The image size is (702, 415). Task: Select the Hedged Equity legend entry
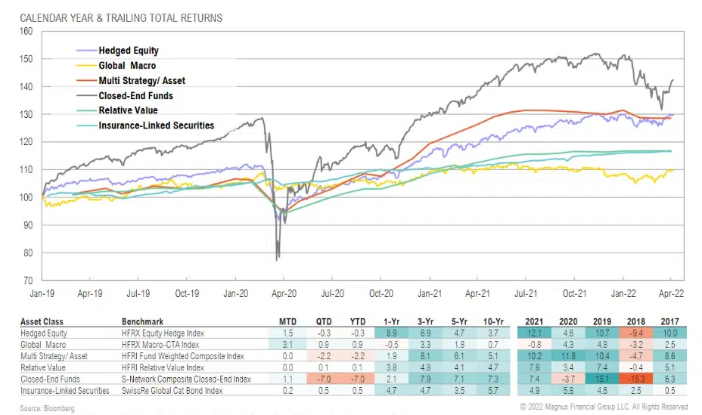tap(128, 51)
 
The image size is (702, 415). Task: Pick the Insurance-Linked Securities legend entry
tap(156, 125)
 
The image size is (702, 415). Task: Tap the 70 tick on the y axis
tap(29, 280)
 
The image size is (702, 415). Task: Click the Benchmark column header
tap(143, 320)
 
